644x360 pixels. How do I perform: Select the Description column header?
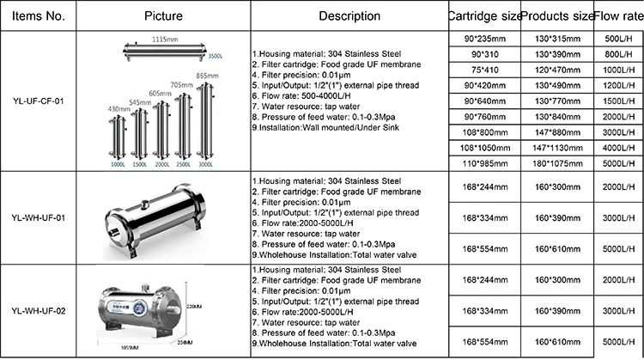coord(349,15)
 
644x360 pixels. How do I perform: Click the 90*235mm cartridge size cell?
coord(483,39)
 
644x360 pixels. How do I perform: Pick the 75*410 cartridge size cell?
coord(483,70)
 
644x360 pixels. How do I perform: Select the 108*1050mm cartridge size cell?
coord(483,147)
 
